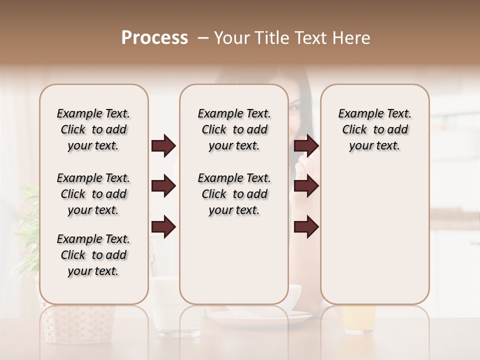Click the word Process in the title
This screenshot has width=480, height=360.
pos(154,38)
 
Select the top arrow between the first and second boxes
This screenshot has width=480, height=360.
pos(163,146)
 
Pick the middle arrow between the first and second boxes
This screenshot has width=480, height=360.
pos(163,186)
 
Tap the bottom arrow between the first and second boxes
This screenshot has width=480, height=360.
pos(163,227)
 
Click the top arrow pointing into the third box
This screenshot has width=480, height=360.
pos(306,146)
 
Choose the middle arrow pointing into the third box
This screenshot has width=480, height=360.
pos(306,186)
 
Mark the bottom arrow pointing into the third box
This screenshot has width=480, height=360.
pos(306,227)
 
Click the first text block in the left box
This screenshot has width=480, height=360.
pos(93,129)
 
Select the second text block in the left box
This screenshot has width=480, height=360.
pos(93,194)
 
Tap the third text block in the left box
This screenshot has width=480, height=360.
pos(93,255)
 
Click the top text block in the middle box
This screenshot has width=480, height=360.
pos(234,129)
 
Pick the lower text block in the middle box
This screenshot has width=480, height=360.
pos(234,194)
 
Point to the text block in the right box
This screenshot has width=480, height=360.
pos(374,129)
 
